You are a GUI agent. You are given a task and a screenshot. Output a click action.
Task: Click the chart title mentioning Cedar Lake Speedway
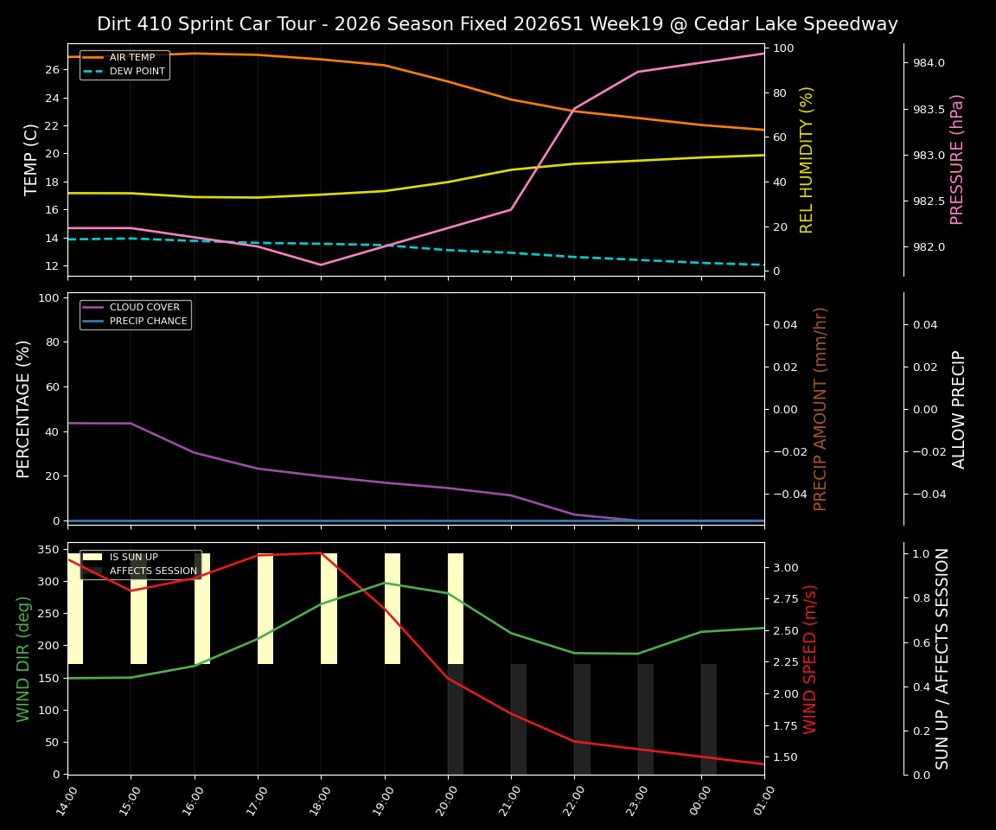497,24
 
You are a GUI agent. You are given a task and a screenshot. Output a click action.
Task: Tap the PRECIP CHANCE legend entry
148,321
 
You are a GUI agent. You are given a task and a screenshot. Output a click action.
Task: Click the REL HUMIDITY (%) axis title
807,160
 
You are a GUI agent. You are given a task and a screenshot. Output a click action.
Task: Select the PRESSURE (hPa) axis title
957,160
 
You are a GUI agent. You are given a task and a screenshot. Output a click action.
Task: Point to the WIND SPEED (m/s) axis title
810,659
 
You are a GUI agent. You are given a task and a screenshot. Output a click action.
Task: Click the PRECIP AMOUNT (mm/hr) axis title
820,409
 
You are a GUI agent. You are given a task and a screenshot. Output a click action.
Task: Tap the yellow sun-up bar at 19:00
393,609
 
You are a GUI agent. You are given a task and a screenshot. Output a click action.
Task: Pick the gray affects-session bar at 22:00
582,718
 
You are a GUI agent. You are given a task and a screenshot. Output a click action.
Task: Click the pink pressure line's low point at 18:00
321,265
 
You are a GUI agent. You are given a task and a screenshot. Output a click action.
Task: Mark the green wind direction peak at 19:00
385,582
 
